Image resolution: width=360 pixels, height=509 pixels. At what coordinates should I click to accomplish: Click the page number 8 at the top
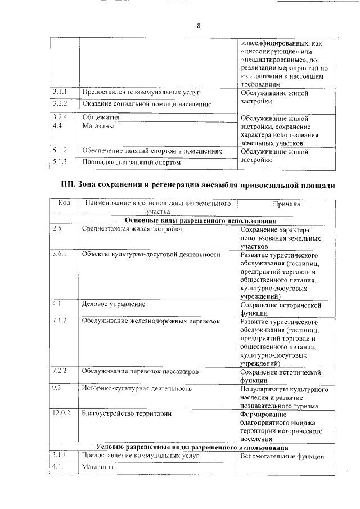(199, 25)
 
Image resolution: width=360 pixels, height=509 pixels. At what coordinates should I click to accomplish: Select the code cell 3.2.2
(60, 104)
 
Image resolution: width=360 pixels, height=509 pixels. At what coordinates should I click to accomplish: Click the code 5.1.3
(60, 163)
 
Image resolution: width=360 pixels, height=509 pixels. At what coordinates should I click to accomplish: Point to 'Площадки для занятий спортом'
(132, 163)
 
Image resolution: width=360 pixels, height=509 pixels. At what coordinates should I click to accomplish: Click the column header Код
(64, 204)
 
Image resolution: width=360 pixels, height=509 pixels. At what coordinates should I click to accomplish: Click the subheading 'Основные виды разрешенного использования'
(201, 221)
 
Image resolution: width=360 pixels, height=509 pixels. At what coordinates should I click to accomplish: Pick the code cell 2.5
(56, 229)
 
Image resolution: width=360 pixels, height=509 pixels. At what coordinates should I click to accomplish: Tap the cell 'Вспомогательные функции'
(282, 456)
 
